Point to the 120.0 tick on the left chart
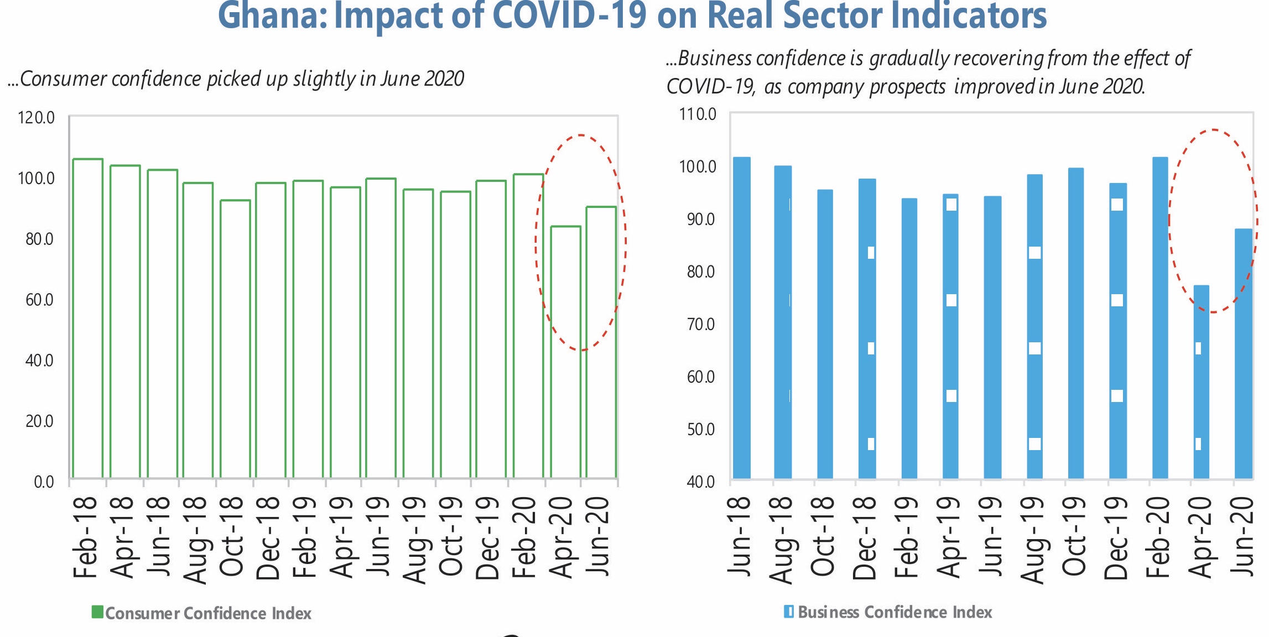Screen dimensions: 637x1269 click(x=37, y=118)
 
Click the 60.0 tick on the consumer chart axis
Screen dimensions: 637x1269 click(x=39, y=300)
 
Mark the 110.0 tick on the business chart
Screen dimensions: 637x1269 click(x=698, y=114)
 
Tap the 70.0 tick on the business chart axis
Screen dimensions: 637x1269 click(x=700, y=324)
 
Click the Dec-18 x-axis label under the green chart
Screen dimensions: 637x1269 click(x=269, y=537)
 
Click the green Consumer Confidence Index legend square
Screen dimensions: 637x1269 click(x=97, y=612)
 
